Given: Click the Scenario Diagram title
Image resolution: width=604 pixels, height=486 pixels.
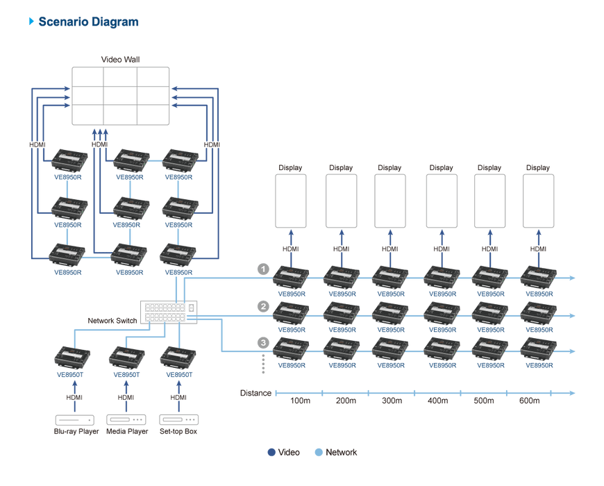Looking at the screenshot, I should click(x=88, y=22).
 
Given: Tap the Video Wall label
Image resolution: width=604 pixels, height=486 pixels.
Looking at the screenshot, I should click(x=121, y=60).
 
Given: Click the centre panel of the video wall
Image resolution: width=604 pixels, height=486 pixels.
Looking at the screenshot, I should click(x=121, y=94).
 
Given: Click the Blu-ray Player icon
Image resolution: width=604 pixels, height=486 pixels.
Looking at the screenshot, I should click(x=74, y=420).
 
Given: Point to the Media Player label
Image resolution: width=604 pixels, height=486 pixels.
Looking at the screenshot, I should click(x=126, y=432).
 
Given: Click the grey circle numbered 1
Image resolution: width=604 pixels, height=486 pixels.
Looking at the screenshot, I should click(x=263, y=269).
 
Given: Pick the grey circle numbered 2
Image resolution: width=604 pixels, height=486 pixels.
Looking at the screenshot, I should click(x=263, y=305).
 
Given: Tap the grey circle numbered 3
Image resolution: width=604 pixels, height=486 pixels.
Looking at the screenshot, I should click(x=263, y=342).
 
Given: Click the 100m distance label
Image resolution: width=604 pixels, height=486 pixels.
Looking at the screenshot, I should click(x=300, y=401).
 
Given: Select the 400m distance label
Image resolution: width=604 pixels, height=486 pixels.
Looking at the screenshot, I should click(x=438, y=401).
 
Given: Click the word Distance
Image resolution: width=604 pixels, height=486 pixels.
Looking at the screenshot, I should click(x=255, y=393).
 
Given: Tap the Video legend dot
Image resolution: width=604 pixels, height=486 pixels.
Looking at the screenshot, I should click(x=271, y=453).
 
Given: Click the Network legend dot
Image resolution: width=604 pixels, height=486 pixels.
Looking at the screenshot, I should click(x=319, y=453).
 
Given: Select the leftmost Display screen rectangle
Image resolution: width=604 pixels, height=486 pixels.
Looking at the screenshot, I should click(x=292, y=201).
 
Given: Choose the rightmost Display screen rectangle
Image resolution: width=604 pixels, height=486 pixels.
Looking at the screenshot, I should click(x=538, y=201).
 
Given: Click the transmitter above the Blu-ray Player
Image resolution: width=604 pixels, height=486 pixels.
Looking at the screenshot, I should click(x=72, y=358).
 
